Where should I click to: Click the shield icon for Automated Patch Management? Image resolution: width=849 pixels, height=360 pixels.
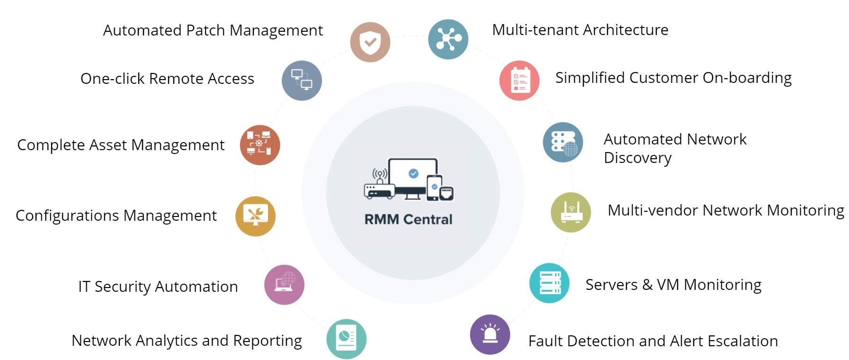[x=370, y=42]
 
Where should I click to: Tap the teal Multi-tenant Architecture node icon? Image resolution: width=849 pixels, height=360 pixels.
[x=448, y=39]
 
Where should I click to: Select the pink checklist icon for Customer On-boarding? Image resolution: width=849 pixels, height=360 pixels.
[x=519, y=81]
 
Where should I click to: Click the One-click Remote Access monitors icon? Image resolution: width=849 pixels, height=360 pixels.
[x=302, y=81]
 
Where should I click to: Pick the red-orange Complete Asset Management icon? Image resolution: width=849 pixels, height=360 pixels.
[x=260, y=145]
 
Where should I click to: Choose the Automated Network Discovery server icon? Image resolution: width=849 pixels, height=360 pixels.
[x=563, y=143]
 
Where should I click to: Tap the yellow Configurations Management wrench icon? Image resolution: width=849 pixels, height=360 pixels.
[x=256, y=216]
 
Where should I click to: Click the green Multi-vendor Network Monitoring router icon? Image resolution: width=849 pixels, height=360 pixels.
[x=571, y=212]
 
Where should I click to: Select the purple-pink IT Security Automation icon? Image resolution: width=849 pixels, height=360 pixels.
[x=284, y=285]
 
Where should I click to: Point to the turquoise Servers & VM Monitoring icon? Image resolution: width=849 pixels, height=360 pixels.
[x=549, y=283]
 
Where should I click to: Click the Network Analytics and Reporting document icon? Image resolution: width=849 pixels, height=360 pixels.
[x=346, y=339]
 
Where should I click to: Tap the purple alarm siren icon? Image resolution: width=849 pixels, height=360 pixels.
[x=490, y=334]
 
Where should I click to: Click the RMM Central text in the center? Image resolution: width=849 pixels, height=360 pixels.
[x=408, y=219]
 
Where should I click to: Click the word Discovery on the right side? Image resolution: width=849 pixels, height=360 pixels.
[x=637, y=158]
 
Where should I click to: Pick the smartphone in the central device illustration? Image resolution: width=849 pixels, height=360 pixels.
[x=434, y=188]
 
